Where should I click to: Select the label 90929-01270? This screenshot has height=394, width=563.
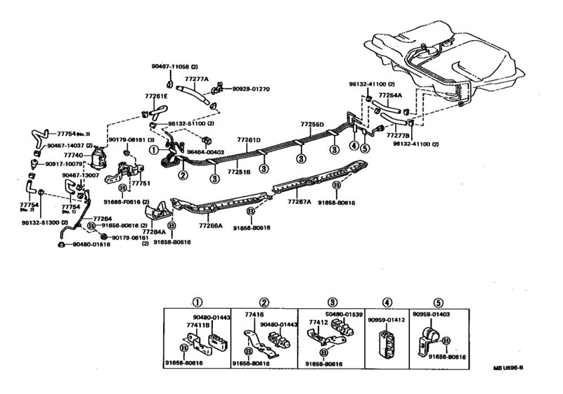coord(246,89)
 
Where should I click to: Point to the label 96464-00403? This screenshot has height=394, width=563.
coord(205,151)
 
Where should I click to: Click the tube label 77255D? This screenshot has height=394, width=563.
coord(312,125)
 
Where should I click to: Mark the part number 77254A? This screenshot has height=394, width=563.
coord(390,95)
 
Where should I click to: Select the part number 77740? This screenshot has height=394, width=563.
coord(72,155)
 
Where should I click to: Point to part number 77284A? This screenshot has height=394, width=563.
coord(155,231)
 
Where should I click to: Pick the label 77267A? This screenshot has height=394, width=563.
coord(299,201)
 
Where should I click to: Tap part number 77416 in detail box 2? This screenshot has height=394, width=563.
coord(254,317)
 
